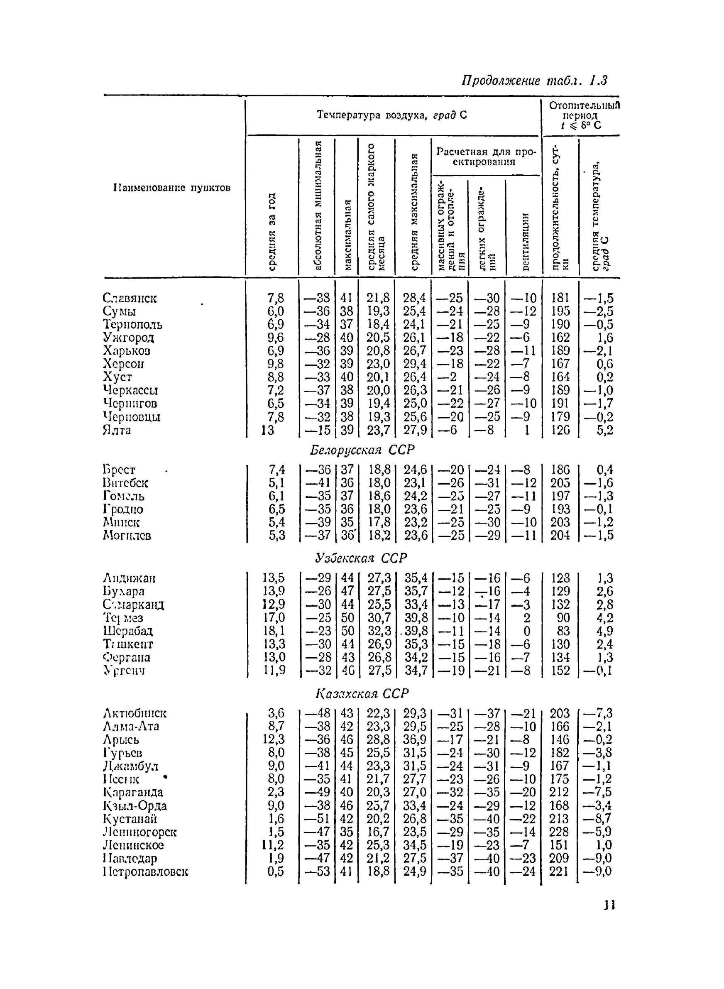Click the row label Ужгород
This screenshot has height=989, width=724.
tap(128, 338)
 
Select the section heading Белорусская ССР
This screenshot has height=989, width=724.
tap(362, 450)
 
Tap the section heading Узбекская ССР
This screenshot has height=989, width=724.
tap(361, 558)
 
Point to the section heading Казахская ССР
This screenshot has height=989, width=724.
tap(362, 694)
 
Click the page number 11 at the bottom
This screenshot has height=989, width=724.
tap(609, 905)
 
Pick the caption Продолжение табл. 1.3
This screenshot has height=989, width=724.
tap(534, 81)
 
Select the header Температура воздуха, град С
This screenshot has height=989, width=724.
tap(391, 115)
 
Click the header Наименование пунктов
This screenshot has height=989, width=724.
tap(172, 188)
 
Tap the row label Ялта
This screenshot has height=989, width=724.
tap(117, 430)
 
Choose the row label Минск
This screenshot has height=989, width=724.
tap(121, 522)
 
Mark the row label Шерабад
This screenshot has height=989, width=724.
tap(128, 631)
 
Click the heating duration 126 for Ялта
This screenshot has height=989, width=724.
tap(560, 430)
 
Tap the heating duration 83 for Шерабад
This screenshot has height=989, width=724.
tap(563, 631)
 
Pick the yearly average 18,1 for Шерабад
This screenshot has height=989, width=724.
tap(274, 631)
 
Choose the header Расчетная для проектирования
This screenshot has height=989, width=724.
tap(486, 157)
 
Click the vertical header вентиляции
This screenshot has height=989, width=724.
tap(526, 241)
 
